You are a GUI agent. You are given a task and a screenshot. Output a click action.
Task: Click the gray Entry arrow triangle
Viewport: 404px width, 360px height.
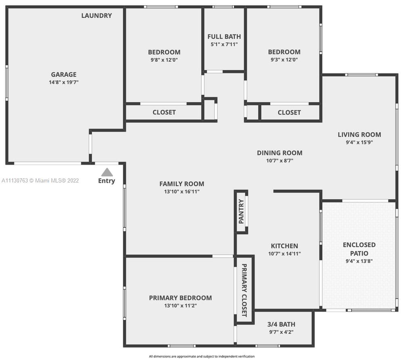point(107,172)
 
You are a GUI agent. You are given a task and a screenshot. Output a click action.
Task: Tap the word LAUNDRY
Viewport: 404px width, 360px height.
point(97,16)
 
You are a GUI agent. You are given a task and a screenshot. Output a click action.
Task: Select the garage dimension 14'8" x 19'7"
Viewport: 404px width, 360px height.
point(64,82)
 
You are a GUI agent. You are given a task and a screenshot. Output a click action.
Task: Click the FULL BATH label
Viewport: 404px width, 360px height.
point(224,37)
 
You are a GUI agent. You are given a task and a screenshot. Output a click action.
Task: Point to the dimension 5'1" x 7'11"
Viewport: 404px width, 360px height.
point(224,44)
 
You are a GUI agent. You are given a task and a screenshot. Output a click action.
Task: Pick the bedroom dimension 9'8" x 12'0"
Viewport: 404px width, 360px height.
point(164,60)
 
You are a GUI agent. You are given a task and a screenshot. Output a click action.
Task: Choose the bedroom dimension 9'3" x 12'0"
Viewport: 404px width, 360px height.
point(284,60)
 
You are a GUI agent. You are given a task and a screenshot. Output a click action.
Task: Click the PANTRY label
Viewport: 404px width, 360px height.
point(241,211)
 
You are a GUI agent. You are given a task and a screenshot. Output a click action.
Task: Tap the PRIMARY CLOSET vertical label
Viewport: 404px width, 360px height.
point(244,290)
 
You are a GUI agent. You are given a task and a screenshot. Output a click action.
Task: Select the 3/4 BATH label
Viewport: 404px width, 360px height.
point(281,324)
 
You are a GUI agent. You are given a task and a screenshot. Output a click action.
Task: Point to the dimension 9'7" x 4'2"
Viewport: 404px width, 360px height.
point(281,332)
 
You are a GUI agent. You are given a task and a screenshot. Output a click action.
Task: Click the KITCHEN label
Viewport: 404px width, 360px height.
point(284,246)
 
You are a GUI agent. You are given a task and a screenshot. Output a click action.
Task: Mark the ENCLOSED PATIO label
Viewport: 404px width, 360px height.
point(359,249)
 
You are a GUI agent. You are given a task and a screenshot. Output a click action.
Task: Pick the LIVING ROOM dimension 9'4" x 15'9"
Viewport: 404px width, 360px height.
point(360,142)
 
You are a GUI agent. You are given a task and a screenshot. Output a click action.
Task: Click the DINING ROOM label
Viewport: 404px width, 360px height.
point(280,153)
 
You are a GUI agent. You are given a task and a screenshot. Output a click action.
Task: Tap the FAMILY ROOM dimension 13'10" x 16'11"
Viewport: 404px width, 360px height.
point(182,192)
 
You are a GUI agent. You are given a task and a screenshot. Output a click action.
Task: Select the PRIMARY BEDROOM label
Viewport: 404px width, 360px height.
point(180,298)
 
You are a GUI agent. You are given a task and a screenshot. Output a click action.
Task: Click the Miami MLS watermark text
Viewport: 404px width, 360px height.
point(40,181)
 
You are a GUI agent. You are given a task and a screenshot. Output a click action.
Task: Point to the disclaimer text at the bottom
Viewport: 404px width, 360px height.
point(202,356)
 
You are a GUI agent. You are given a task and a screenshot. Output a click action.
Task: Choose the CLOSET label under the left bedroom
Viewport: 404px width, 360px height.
point(164,113)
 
